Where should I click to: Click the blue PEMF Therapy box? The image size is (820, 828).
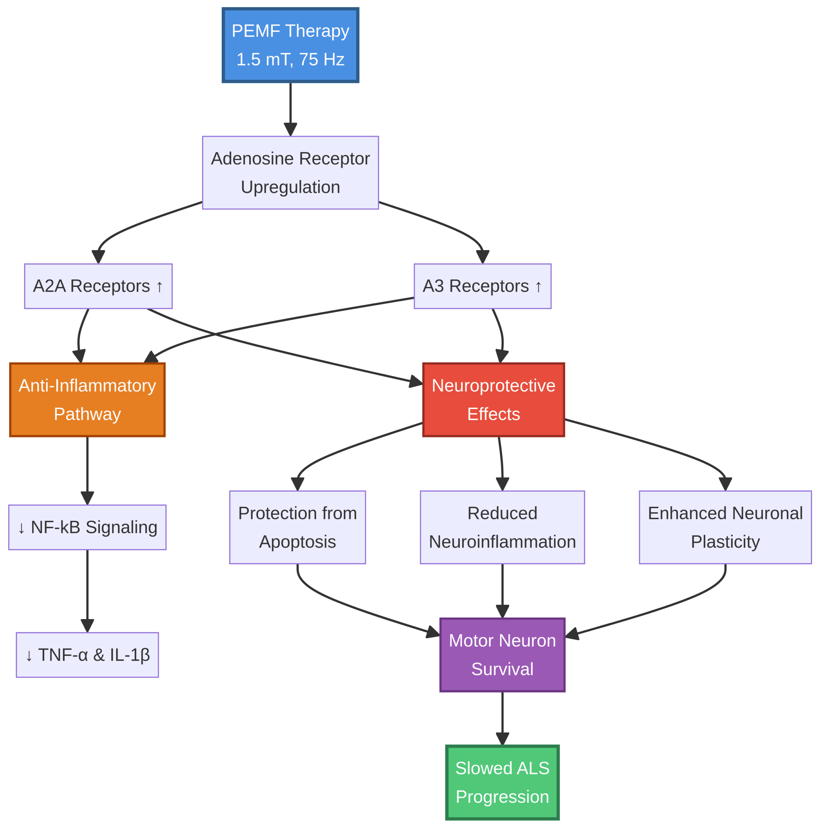click(290, 45)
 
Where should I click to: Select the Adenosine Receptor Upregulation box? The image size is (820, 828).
click(290, 173)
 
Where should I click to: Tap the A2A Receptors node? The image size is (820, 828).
click(98, 286)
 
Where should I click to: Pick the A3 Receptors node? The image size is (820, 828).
click(482, 286)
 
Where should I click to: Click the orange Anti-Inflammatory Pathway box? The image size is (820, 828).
click(87, 400)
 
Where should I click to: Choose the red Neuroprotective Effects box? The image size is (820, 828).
click(493, 400)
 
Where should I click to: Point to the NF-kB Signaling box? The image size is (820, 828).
click(87, 528)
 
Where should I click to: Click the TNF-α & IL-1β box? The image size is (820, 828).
click(87, 655)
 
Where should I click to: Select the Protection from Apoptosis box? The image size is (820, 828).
click(297, 528)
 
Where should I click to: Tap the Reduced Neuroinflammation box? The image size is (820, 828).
click(502, 528)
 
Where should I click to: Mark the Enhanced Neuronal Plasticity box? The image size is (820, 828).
click(725, 528)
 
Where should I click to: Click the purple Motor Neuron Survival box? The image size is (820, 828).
click(502, 655)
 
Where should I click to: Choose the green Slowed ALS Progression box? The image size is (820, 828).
click(502, 783)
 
